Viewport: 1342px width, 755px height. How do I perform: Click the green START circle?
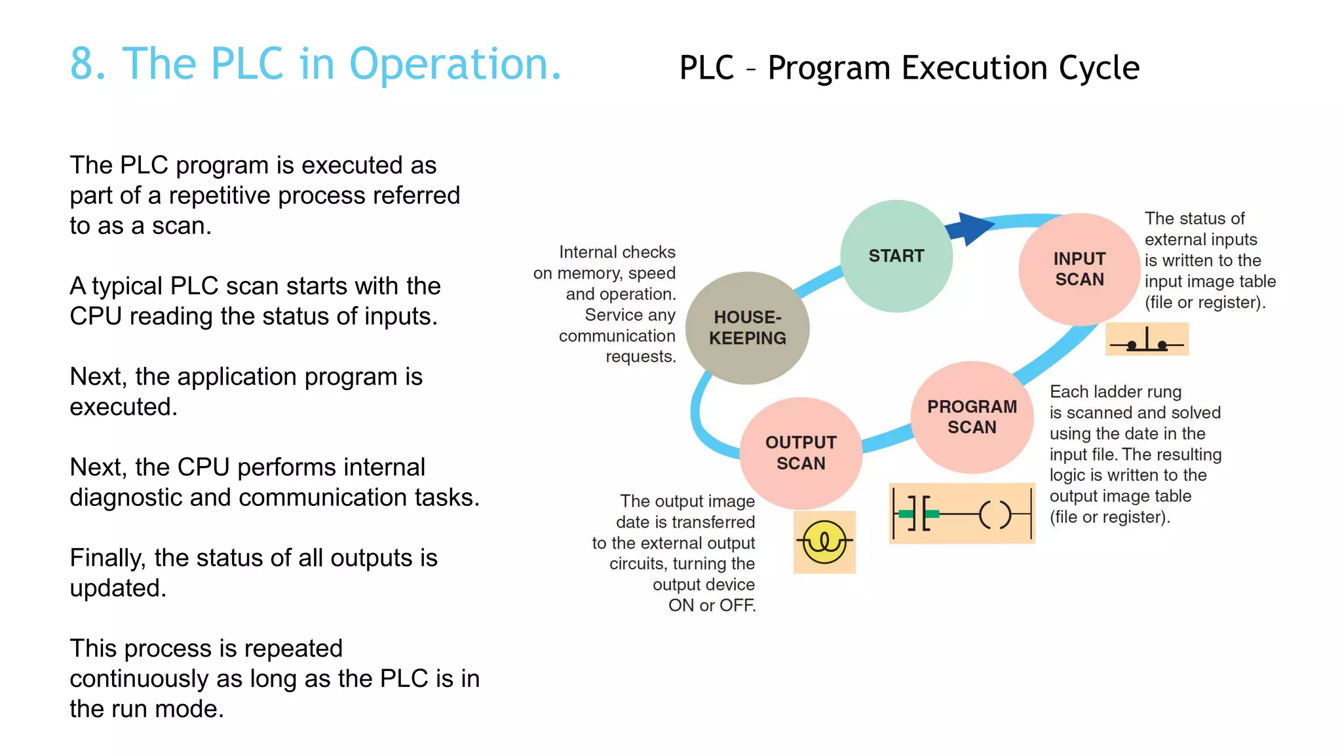pyautogui.click(x=896, y=256)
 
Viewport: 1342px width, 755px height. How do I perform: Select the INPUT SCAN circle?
pyautogui.click(x=1079, y=269)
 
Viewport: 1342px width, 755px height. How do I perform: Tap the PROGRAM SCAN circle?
pyautogui.click(x=972, y=417)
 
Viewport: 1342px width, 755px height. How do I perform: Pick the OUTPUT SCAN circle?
pyautogui.click(x=801, y=453)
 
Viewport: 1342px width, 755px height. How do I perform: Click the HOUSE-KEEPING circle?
pyautogui.click(x=747, y=328)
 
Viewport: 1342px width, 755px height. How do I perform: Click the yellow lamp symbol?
pyautogui.click(x=824, y=542)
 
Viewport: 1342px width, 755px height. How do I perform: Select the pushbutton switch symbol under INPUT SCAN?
pyautogui.click(x=1147, y=340)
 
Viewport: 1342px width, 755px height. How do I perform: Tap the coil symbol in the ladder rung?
pyautogui.click(x=995, y=514)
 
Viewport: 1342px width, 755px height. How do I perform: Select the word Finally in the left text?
pyautogui.click(x=107, y=558)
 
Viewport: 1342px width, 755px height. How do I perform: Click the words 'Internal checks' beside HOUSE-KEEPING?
pyautogui.click(x=617, y=252)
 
